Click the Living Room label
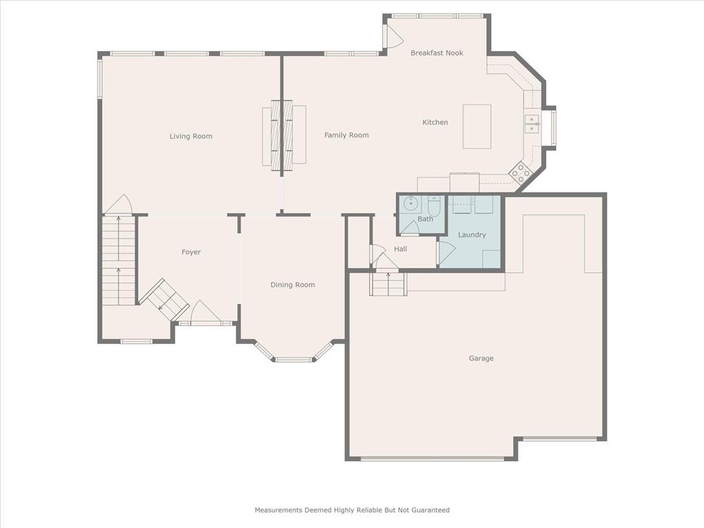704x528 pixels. [191, 136]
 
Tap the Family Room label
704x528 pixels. [346, 135]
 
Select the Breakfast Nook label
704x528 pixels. [437, 52]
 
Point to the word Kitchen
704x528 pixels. [435, 122]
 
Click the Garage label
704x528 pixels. [481, 358]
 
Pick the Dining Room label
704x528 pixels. [293, 285]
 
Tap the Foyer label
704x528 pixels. [191, 252]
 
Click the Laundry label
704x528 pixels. [472, 235]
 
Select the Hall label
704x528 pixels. [401, 249]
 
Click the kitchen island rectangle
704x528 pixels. [477, 126]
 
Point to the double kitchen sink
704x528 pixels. [531, 124]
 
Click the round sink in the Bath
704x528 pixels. [411, 203]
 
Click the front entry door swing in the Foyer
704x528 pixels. [205, 311]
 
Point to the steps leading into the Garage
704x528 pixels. [388, 284]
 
